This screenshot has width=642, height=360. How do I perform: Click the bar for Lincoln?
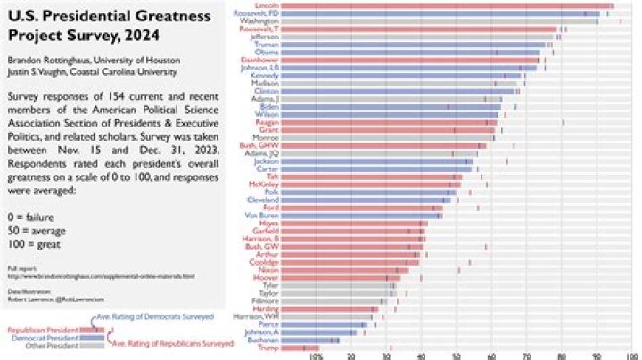[x=446, y=6]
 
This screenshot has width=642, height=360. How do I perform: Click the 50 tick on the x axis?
[x=456, y=356]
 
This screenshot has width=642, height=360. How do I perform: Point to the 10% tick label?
[x=315, y=356]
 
